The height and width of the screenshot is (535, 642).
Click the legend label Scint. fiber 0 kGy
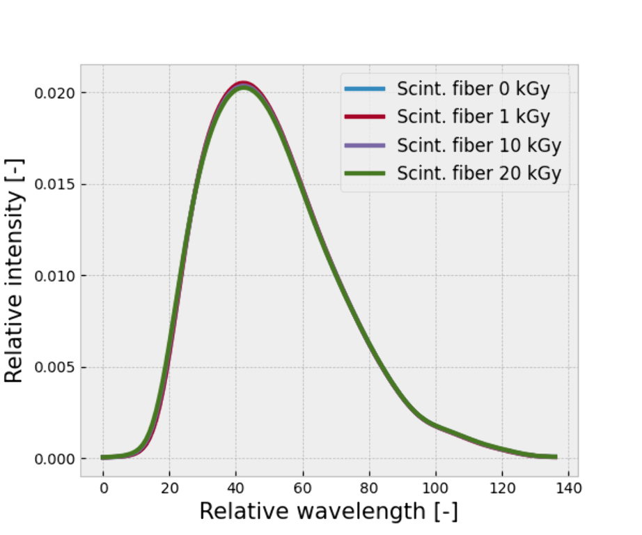click(472, 89)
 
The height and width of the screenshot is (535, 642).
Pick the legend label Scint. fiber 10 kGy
click(479, 146)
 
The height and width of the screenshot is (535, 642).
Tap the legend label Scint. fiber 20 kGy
click(479, 173)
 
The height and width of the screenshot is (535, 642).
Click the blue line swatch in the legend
click(364, 89)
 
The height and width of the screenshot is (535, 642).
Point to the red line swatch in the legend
click(364, 117)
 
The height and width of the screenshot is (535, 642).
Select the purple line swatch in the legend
click(364, 146)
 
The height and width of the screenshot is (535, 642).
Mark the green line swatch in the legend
click(364, 173)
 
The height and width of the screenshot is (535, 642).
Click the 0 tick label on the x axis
click(103, 489)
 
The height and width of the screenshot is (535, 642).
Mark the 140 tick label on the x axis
click(568, 489)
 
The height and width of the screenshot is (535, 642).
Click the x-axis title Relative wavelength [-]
click(329, 512)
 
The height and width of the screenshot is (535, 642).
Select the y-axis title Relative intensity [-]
click(15, 270)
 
